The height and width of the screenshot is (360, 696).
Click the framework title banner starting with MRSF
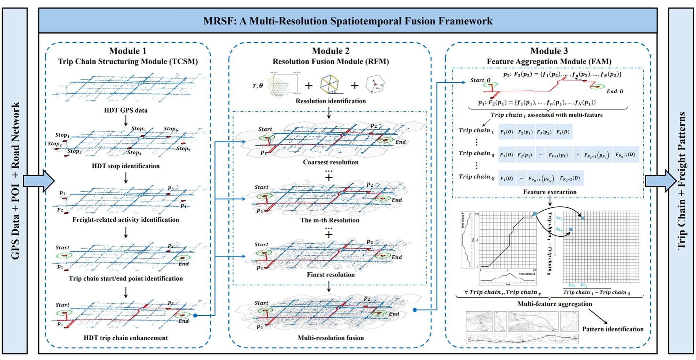(x=348, y=21)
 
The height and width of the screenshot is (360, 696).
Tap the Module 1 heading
(x=128, y=51)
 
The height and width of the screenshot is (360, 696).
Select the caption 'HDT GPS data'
(x=126, y=110)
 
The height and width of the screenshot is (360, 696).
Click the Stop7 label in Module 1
(x=183, y=149)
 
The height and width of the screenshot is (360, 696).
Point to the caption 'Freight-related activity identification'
(x=126, y=220)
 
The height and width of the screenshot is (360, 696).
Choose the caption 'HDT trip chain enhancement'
(x=126, y=338)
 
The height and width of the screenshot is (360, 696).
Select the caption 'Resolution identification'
(x=330, y=101)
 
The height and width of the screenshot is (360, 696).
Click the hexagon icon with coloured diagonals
(x=329, y=85)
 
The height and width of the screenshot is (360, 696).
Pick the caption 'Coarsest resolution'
(x=330, y=162)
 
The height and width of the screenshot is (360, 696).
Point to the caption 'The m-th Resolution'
(x=330, y=220)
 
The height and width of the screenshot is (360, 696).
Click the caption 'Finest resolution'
(x=330, y=274)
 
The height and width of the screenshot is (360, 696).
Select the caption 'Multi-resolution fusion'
(x=330, y=338)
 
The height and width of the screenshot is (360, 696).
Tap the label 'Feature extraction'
(x=550, y=192)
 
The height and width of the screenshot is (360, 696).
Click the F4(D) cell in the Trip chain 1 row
(x=563, y=132)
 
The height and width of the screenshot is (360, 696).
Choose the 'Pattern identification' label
(x=613, y=329)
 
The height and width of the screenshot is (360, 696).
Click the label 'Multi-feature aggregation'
(x=554, y=304)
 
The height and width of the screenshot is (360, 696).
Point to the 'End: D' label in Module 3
(x=615, y=91)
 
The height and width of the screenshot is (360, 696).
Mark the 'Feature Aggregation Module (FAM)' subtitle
(x=549, y=61)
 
